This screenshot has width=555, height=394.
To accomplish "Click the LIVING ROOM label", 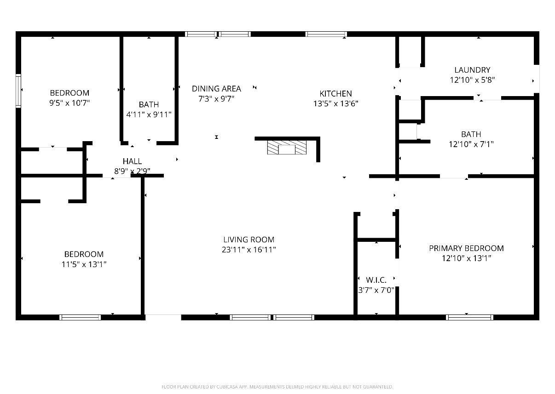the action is tap(249, 240).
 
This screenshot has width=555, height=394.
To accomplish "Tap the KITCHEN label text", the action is tap(335, 93).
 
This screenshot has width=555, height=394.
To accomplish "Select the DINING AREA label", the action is tap(216, 89).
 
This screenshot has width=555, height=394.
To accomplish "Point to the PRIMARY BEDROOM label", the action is tap(466, 248).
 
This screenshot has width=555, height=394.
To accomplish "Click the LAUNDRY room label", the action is tap(472, 70).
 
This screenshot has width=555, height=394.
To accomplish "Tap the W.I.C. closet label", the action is tap(376, 280).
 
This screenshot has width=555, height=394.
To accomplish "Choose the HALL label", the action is tap(133, 161).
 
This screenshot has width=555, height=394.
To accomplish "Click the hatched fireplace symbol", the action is tap(287, 148).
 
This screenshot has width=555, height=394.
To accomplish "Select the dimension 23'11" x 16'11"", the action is tap(249, 250).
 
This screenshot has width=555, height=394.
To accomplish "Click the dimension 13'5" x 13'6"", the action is tap(335, 103).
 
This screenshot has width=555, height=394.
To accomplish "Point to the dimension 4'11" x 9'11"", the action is tap(149, 114).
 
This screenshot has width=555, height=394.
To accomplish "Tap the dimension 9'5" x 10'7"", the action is tap(69, 103).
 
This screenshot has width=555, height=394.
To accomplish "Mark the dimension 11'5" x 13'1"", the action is tap(84, 264).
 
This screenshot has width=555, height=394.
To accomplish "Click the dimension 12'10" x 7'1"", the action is tap(471, 144).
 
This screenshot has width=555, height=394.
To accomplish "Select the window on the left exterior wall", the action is tap(18, 91).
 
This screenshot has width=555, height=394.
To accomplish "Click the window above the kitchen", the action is tap(326, 34).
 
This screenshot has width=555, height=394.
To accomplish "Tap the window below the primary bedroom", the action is tap(469, 317).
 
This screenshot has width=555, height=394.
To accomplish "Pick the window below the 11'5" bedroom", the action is tap(80, 317).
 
